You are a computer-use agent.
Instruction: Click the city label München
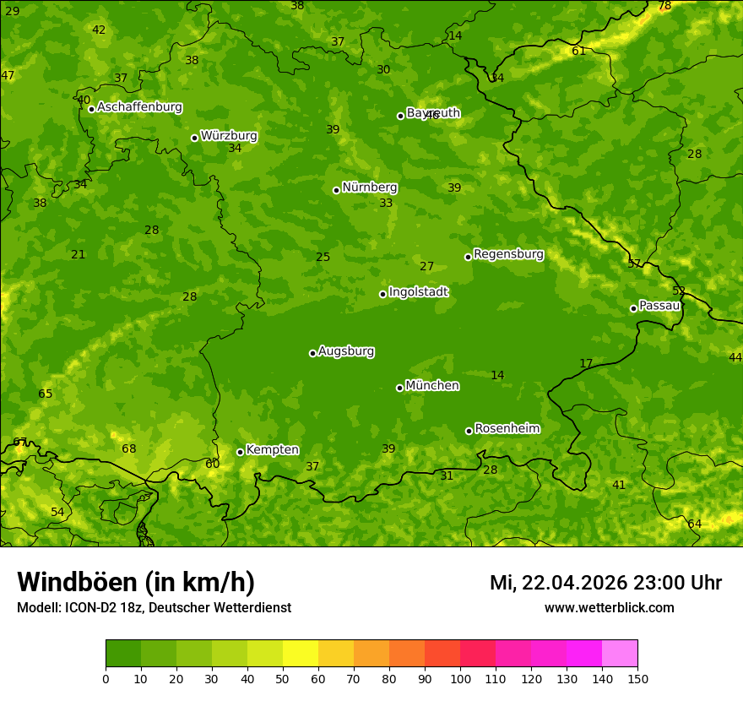pos(432,386)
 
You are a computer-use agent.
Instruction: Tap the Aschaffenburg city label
pos(139,107)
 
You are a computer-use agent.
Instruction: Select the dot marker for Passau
pos(633,308)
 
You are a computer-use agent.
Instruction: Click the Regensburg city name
pos(508,254)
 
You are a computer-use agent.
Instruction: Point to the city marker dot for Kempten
pos(240,452)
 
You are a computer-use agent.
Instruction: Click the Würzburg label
pos(229,136)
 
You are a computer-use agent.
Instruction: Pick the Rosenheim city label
pos(507,429)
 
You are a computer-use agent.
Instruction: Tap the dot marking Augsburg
pos(312,353)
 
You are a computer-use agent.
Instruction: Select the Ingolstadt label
pos(418,292)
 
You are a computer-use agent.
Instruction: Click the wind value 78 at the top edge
pos(664,6)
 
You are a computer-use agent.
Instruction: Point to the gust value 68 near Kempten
pos(128,449)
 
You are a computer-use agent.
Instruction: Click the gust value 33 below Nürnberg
pos(386,204)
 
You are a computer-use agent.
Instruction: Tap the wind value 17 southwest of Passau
pos(586,364)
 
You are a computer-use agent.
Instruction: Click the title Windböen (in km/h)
pos(136,582)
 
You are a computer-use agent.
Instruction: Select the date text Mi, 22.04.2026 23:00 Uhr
pos(605,583)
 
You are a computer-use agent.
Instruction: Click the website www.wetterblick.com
pos(609,608)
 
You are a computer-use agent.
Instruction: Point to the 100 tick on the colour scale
pos(460,678)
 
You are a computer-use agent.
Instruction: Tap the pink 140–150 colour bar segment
pos(620,654)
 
